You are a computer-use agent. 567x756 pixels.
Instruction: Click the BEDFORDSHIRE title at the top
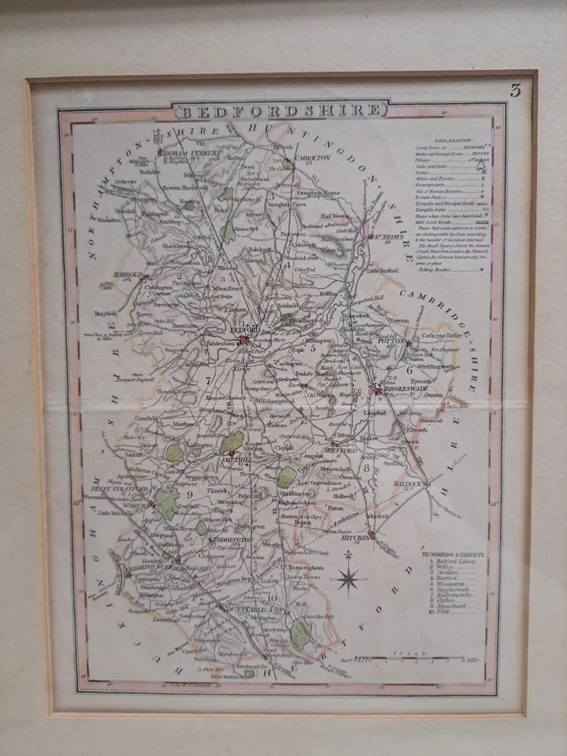(282, 111)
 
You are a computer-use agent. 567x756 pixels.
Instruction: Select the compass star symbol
(347, 580)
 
